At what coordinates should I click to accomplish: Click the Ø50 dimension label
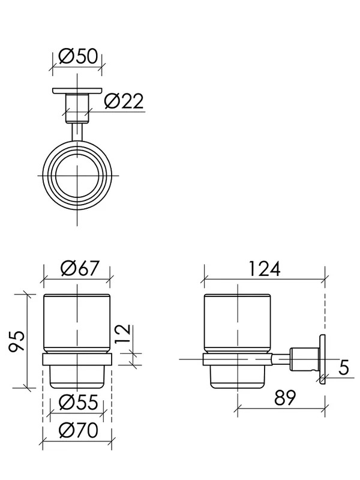78,56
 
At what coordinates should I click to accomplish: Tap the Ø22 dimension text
124,101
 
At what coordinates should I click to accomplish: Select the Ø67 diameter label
80,268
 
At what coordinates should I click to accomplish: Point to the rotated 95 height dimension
17,341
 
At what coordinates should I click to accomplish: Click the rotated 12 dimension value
123,334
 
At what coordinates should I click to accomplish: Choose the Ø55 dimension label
79,402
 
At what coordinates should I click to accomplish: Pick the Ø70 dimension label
79,430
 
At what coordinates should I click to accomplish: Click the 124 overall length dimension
264,268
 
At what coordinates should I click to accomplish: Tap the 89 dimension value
285,397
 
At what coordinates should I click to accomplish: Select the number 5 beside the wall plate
343,367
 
